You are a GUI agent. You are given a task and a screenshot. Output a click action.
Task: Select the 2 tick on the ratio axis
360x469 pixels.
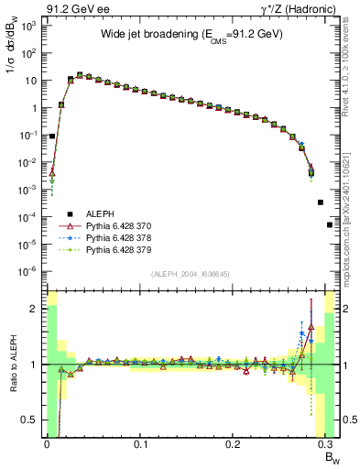pos(36,309)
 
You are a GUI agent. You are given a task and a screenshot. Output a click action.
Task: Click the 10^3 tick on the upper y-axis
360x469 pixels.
pos(29,26)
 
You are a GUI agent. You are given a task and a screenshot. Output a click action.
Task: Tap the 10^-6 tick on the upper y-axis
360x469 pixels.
pos(29,271)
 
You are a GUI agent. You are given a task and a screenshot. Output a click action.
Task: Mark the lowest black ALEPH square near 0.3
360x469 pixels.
pos(330,224)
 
